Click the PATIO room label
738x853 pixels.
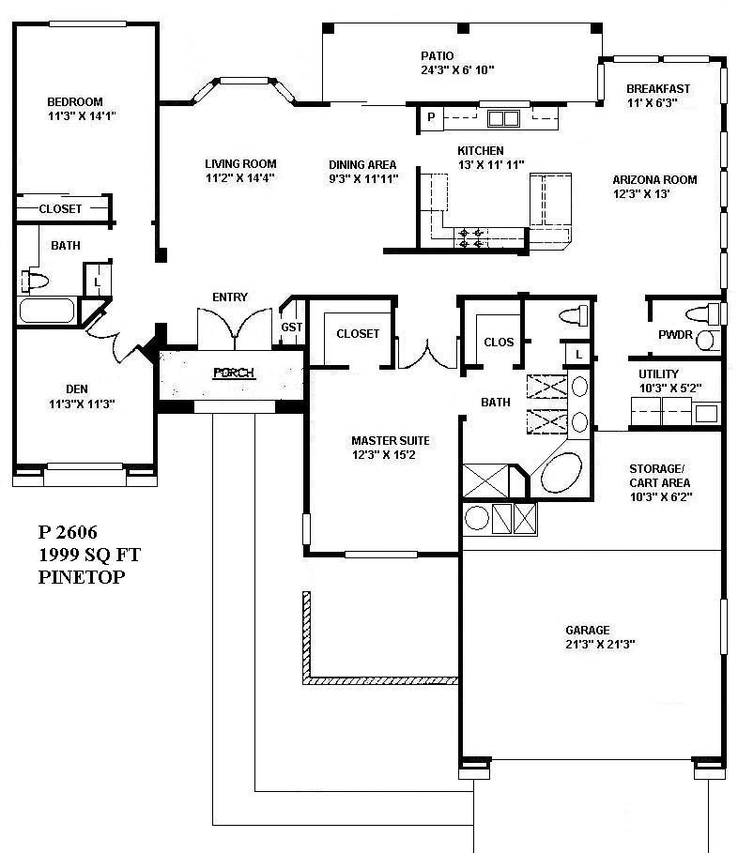click(438, 55)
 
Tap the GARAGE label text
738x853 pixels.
click(587, 630)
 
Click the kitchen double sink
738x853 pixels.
click(503, 118)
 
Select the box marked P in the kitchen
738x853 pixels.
click(430, 117)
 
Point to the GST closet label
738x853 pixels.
click(291, 327)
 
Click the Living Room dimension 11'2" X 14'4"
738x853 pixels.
click(240, 177)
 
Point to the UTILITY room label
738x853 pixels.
click(658, 374)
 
